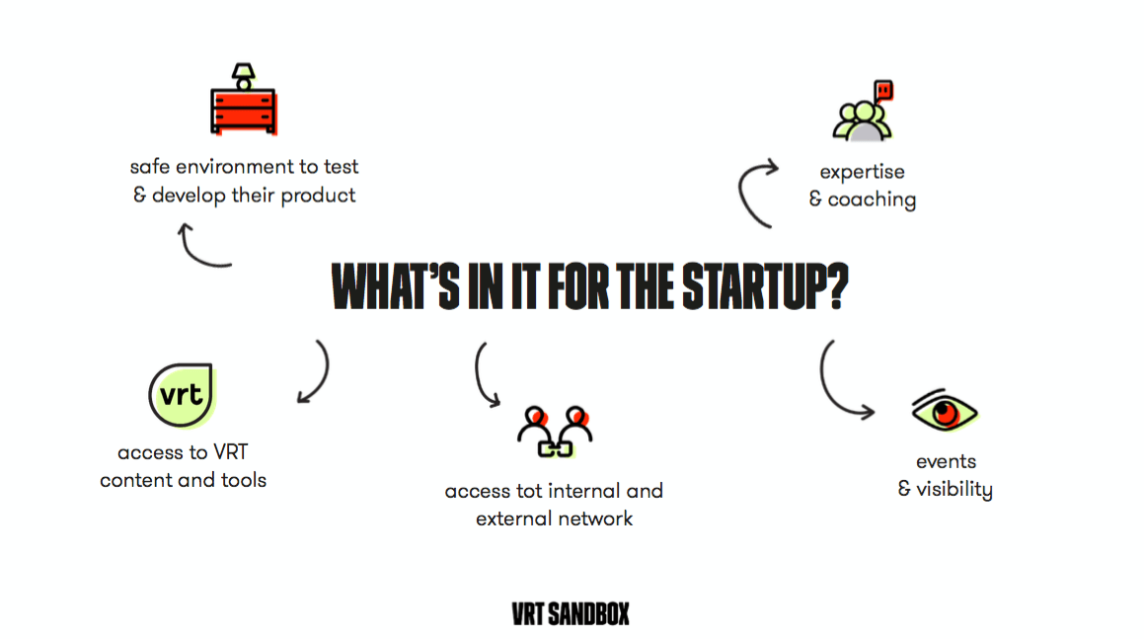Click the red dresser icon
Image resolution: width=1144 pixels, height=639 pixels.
(x=244, y=111)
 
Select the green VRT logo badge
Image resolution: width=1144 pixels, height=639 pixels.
(x=182, y=394)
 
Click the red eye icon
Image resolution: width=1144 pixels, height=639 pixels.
(x=944, y=411)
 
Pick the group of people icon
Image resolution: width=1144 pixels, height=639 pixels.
(x=863, y=121)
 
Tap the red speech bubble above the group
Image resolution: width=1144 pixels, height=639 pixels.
(x=883, y=91)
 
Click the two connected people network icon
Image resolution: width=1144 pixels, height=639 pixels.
(x=555, y=432)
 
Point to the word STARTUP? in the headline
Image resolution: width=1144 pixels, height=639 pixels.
(x=765, y=286)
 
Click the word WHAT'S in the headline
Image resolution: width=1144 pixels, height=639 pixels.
(x=396, y=286)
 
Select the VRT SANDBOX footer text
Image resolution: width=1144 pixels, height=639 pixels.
(x=571, y=614)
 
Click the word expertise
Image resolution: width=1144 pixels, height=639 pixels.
(x=862, y=173)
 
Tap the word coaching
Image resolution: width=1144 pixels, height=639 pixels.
(x=872, y=200)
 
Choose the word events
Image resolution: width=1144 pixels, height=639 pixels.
(x=946, y=461)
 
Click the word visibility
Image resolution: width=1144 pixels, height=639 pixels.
(x=954, y=489)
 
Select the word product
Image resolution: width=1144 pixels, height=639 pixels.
(x=318, y=196)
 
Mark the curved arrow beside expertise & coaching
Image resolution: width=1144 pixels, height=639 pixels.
(x=742, y=192)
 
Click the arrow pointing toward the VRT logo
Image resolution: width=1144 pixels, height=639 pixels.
(x=325, y=374)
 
